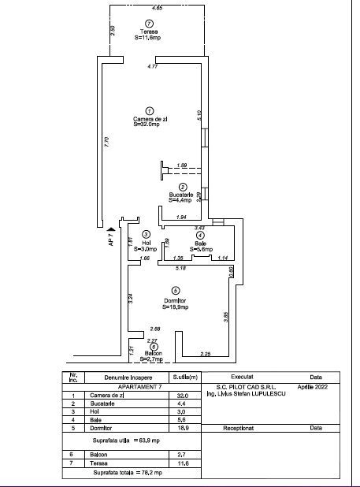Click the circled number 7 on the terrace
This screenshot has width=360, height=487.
tap(150, 24)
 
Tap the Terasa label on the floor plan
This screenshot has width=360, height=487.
tap(150, 32)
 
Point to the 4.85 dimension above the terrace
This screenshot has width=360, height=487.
tap(158, 8)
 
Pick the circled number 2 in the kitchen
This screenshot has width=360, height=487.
tap(184, 186)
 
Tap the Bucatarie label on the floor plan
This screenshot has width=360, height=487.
tap(181, 194)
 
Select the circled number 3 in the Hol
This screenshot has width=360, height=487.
tap(146, 234)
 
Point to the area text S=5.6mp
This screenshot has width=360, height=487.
tap(200, 248)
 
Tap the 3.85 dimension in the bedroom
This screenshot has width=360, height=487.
tap(226, 317)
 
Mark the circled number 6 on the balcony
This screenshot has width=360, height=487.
tap(154, 346)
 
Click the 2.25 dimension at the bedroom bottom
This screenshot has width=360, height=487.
tap(205, 353)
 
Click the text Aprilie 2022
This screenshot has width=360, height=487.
tap(316, 388)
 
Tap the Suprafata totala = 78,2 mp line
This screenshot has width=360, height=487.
tap(128, 472)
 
